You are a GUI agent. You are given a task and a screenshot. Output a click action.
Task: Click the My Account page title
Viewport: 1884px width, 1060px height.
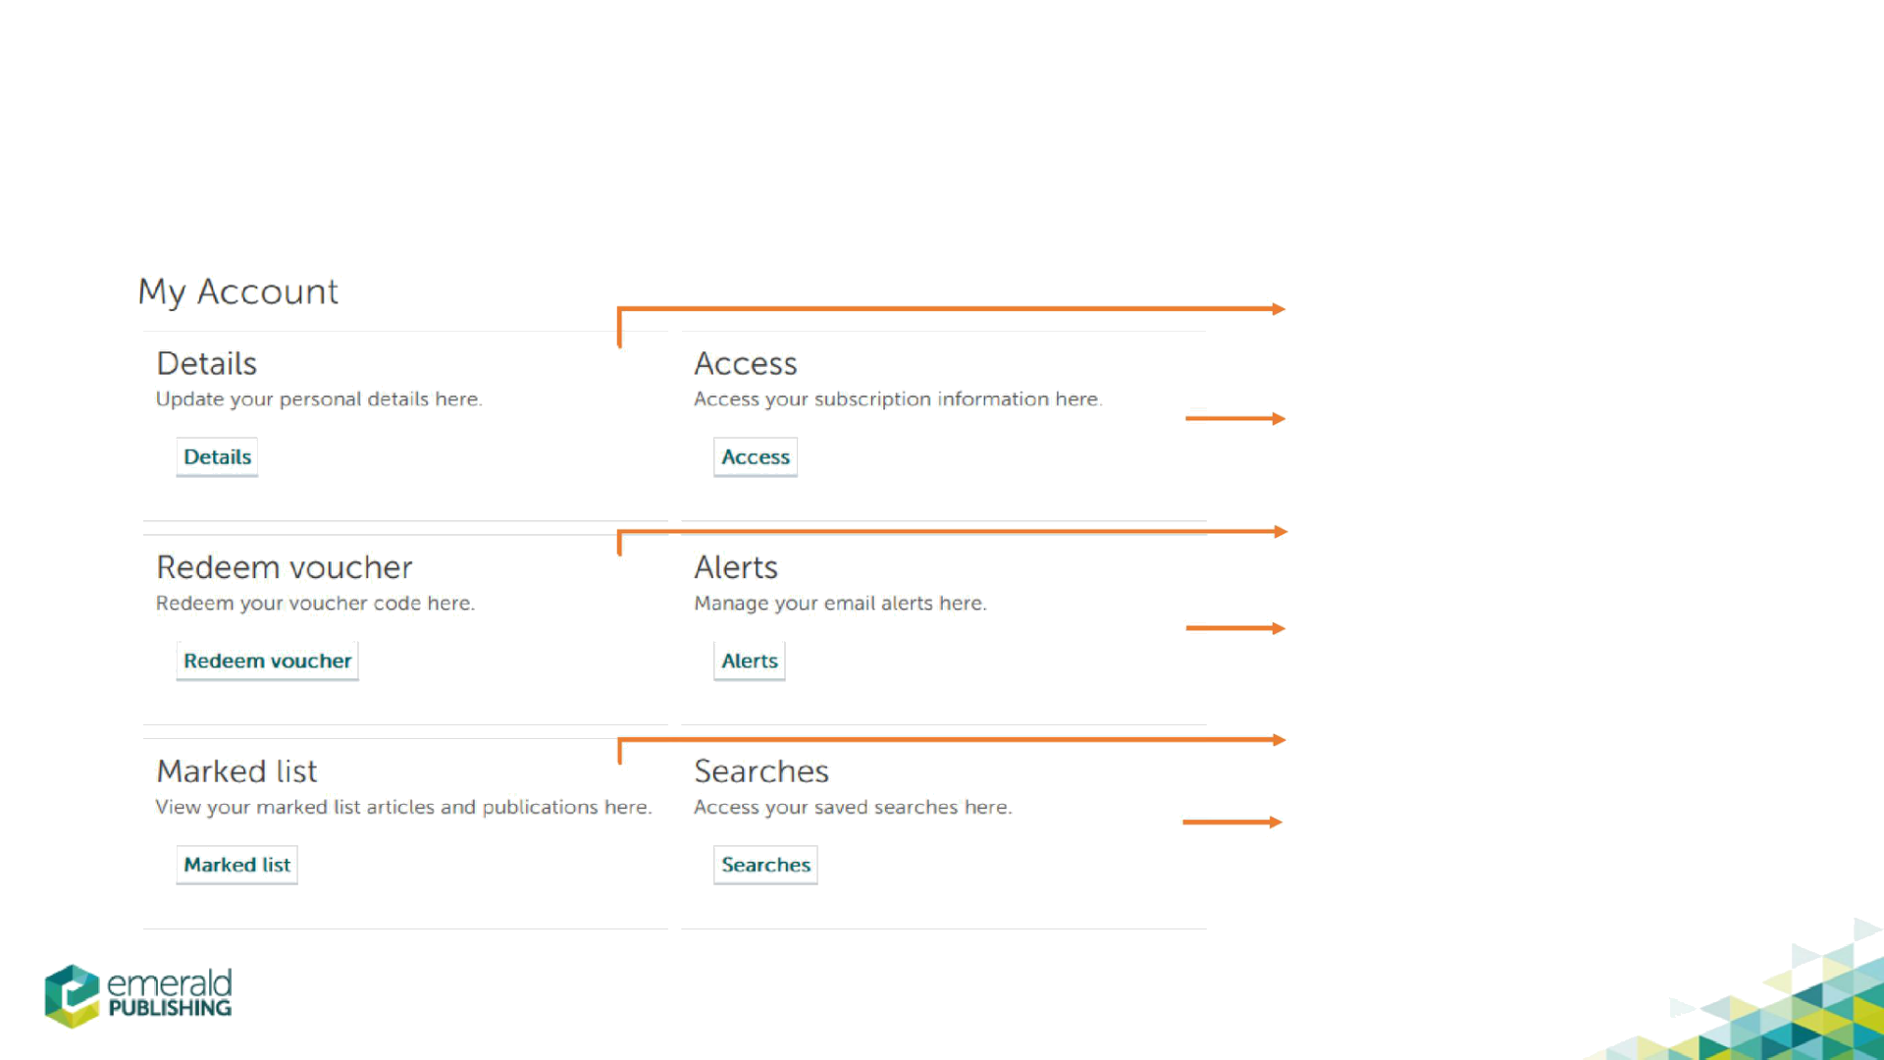237,291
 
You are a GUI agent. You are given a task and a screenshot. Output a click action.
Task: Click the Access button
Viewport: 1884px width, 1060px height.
755,457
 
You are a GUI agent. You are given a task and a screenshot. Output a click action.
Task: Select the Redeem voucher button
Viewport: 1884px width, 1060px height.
267,662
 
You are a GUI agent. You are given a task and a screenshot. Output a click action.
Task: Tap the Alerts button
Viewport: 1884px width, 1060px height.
749,662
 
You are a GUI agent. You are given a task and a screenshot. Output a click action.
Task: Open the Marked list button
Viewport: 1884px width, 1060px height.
236,866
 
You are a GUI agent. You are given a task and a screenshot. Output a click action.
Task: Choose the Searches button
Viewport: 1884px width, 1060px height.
764,866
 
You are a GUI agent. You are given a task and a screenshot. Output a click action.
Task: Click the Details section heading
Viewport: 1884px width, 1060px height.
207,363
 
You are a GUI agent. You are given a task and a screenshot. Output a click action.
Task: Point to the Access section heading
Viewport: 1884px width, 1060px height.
746,363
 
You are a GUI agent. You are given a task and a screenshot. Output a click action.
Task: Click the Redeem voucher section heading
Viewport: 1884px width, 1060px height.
284,567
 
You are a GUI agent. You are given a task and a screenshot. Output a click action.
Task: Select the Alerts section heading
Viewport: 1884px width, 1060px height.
736,567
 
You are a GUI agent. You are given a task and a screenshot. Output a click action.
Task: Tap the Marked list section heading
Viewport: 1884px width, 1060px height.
236,771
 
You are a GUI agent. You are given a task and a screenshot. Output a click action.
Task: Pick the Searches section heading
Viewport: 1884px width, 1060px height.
760,771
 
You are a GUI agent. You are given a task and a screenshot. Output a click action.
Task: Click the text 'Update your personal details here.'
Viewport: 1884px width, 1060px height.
318,399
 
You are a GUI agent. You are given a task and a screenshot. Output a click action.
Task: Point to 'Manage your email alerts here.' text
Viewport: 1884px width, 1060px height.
840,604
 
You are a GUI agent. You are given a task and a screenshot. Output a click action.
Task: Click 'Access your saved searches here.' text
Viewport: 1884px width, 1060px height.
852,808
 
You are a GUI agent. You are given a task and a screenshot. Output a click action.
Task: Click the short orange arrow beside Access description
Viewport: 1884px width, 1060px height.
1235,419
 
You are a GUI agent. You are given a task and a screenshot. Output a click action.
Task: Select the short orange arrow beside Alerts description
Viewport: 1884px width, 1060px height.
1235,628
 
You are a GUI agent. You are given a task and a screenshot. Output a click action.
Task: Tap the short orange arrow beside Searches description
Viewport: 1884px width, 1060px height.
1231,821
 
